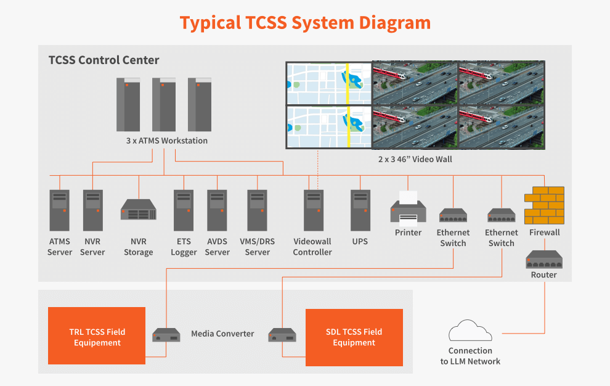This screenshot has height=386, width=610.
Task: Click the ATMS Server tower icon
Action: pyautogui.click(x=60, y=210)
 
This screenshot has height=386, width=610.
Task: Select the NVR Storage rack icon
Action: pyautogui.click(x=139, y=210)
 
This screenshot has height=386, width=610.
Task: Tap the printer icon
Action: pyautogui.click(x=409, y=207)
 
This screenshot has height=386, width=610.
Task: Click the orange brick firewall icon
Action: pyautogui.click(x=544, y=205)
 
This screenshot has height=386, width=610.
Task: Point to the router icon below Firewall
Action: pyautogui.click(x=544, y=260)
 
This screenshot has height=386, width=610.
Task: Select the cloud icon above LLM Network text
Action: pyautogui.click(x=470, y=332)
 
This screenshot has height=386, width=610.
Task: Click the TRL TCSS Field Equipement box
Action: pyautogui.click(x=97, y=337)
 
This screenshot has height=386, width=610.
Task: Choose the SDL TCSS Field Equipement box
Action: pyautogui.click(x=354, y=337)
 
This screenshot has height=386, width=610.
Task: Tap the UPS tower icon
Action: pyautogui.click(x=360, y=210)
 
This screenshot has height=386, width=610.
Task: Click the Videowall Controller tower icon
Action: pyautogui.click(x=313, y=210)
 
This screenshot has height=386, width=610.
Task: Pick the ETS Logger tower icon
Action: pyautogui.click(x=184, y=210)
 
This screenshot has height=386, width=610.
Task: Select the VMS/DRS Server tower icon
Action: pyautogui.click(x=258, y=210)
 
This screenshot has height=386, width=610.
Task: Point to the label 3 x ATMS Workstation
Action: pyautogui.click(x=167, y=141)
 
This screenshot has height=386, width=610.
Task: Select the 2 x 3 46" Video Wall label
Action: pyautogui.click(x=415, y=159)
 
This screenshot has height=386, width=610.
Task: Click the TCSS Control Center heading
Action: pyautogui.click(x=104, y=60)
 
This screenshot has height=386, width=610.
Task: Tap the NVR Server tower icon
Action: pyautogui.click(x=92, y=210)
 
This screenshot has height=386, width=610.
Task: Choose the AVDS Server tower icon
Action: pyautogui.click(x=217, y=210)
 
